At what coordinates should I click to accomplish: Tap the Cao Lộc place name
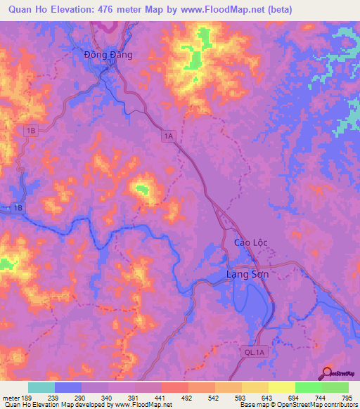[x=251, y=242]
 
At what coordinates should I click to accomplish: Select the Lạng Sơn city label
[x=247, y=274]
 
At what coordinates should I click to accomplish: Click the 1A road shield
[x=167, y=136]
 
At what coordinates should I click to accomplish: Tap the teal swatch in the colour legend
[x=41, y=387]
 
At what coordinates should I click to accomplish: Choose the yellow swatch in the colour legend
[x=281, y=387]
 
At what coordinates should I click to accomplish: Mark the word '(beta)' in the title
[x=277, y=10]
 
